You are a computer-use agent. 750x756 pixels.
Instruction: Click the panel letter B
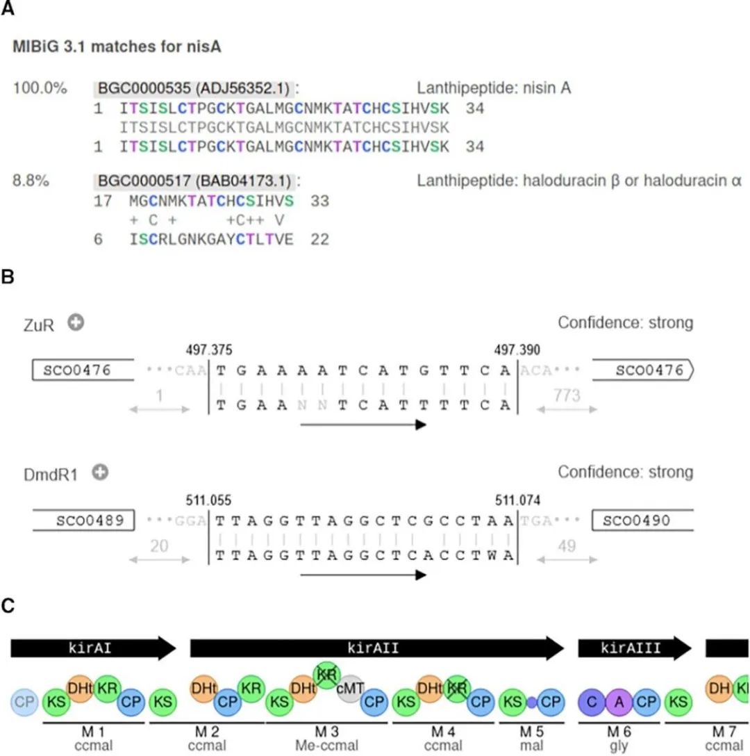point(8,276)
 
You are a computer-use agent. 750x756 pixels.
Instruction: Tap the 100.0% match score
point(40,89)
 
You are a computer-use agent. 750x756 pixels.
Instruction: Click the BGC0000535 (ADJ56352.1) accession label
point(192,89)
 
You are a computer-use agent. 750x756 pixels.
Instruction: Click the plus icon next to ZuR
point(75,322)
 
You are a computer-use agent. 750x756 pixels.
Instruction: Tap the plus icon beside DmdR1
point(101,472)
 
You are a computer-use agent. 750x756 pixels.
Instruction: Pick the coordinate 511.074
point(517,500)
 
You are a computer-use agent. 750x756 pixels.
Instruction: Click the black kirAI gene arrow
point(93,648)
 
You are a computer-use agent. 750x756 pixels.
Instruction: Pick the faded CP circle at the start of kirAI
point(24,702)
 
